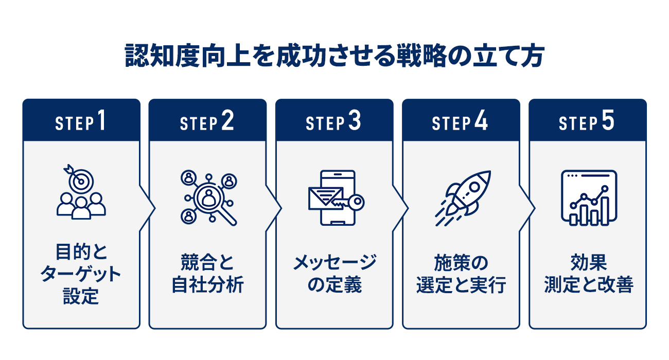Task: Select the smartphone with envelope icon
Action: pos(335,197)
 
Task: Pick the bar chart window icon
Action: pos(588,198)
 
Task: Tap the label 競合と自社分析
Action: pos(207,274)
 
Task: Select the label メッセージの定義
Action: pos(334,274)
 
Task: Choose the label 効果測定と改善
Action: pos(588,274)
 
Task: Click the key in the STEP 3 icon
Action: pos(350,202)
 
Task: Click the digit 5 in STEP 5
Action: pos(608,122)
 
